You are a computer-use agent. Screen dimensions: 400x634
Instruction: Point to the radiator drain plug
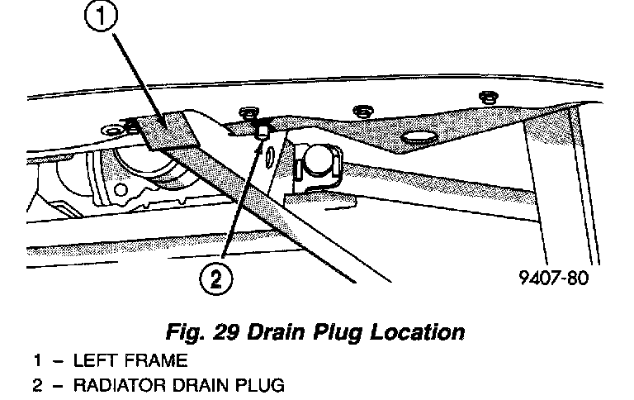(262, 132)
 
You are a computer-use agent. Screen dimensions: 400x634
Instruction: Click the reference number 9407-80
(555, 278)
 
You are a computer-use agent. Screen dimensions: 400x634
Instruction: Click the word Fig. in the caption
(187, 333)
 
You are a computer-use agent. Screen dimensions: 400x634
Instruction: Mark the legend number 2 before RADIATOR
(38, 384)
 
